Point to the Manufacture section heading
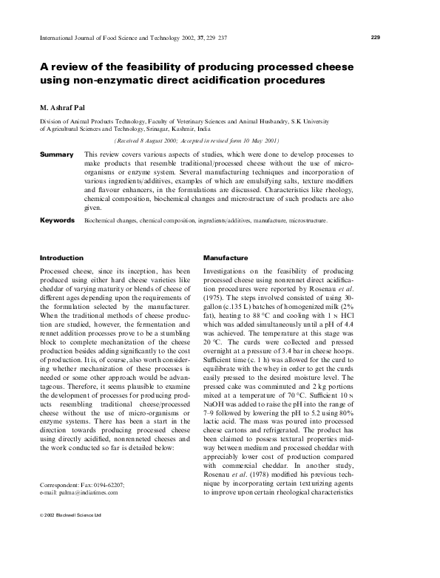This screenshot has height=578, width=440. click(225, 259)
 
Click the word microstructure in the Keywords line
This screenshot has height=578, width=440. click(302, 220)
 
